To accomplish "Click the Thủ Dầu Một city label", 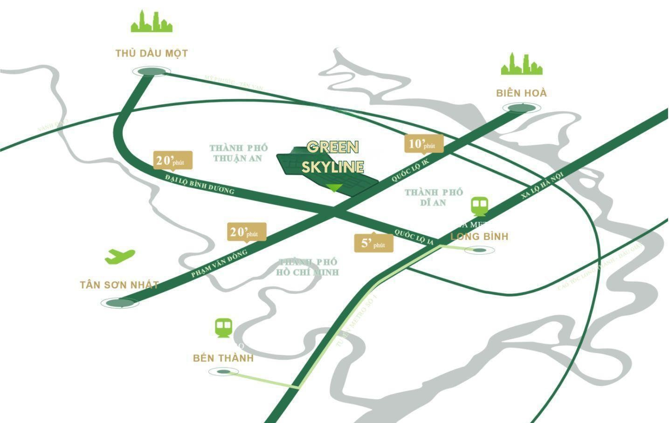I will tap(152, 53).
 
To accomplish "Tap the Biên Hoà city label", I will tap(521, 93).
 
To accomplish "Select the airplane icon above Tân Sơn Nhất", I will tap(120, 256).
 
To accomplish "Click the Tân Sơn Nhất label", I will tap(119, 285).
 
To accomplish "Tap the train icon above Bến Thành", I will tap(224, 328).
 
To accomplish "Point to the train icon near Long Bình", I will tap(479, 206).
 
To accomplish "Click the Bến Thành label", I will tap(223, 358).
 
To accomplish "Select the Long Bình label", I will tap(479, 236).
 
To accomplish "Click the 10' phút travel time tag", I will tap(423, 144).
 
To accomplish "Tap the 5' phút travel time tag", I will tap(373, 243).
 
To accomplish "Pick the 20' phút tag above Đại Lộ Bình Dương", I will tap(172, 160).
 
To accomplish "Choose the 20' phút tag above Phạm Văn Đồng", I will tap(247, 232).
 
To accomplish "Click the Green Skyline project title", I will tap(332, 157).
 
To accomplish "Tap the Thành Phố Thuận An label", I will tap(238, 153).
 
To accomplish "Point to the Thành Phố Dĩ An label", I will tap(433, 197).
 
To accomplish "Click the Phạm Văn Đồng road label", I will tap(219, 264).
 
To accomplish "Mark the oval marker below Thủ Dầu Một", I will tap(149, 71).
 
